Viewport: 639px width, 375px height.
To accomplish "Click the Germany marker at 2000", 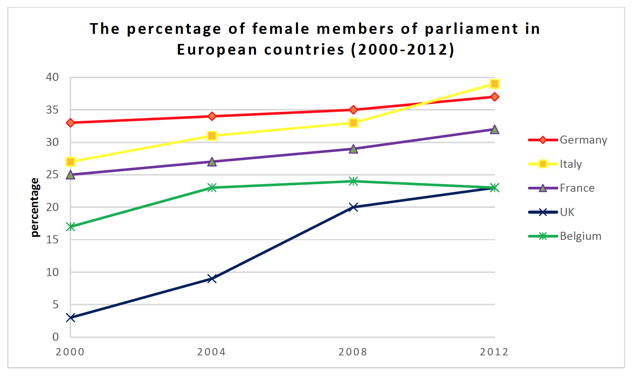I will click(70, 123).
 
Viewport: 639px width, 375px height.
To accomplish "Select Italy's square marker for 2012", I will click(495, 84).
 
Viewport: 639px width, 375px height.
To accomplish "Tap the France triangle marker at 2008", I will click(353, 149).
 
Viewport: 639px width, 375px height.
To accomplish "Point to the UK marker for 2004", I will click(212, 278).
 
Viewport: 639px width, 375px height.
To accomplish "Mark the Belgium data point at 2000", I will click(70, 226).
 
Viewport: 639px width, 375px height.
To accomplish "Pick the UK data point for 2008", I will click(353, 207).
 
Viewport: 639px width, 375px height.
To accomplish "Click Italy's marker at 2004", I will click(212, 136).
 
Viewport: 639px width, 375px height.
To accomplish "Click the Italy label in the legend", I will click(570, 164).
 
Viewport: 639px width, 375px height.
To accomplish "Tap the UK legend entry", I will click(567, 212).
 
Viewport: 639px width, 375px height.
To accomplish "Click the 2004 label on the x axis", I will click(211, 352).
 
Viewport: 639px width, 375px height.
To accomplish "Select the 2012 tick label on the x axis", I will click(494, 352).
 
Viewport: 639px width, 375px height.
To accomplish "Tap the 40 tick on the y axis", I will click(52, 77).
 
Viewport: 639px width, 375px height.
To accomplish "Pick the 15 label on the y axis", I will click(52, 240).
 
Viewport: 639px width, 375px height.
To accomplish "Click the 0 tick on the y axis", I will click(55, 337).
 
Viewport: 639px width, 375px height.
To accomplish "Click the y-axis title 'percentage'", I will click(35, 208).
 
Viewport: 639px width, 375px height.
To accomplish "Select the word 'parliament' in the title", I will click(472, 29).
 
